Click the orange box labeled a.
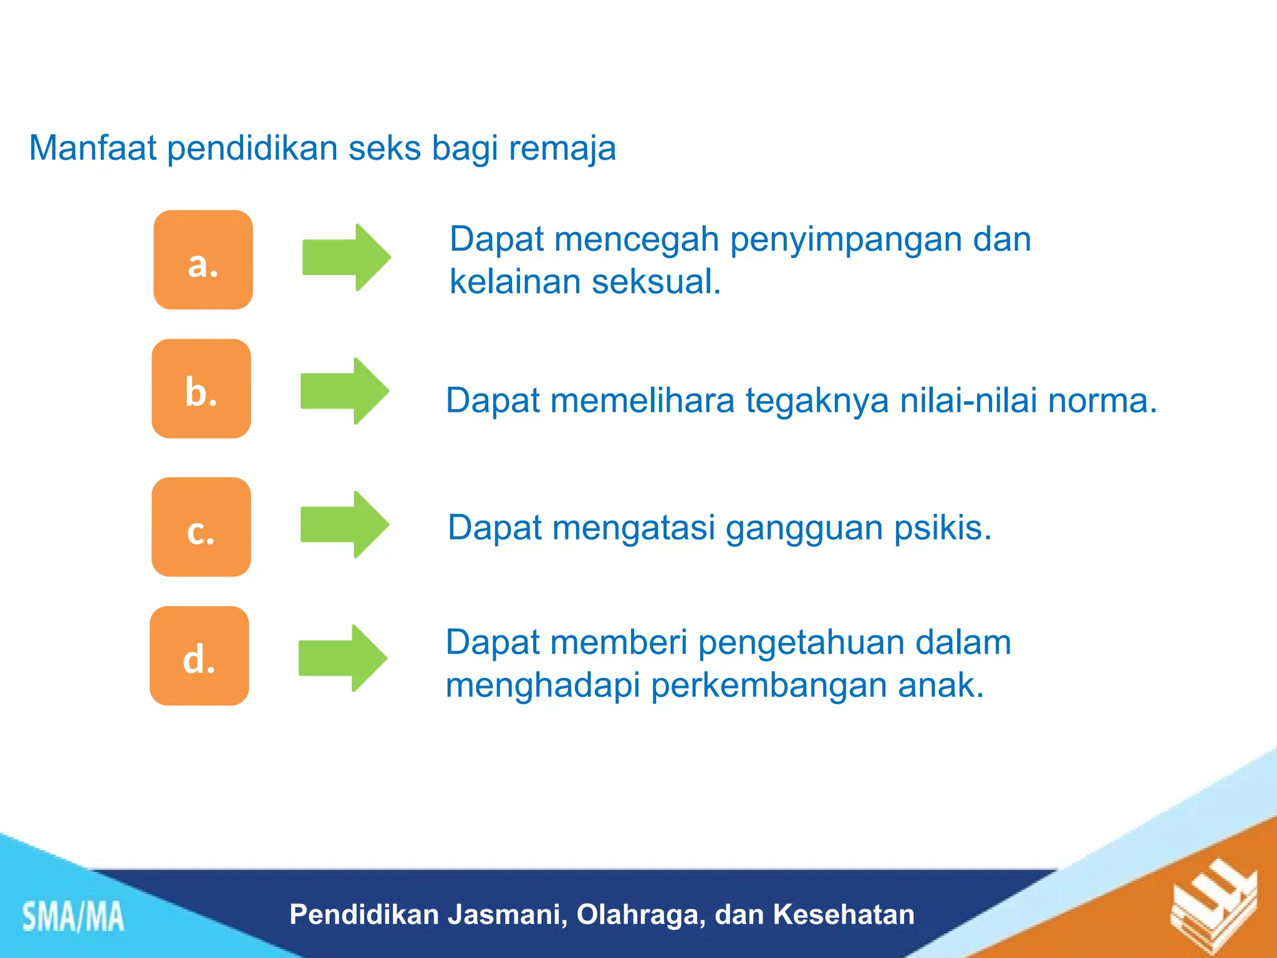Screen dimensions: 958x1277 (x=203, y=259)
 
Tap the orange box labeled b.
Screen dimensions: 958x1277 (x=201, y=389)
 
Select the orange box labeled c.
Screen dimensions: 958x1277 (x=201, y=527)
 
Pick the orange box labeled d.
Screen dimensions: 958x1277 (x=199, y=656)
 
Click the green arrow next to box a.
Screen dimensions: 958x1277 (x=346, y=257)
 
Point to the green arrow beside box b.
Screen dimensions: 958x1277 (x=344, y=391)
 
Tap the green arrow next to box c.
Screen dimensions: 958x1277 (x=344, y=525)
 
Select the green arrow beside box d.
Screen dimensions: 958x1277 (x=342, y=658)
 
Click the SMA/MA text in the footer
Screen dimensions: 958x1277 (x=73, y=917)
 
